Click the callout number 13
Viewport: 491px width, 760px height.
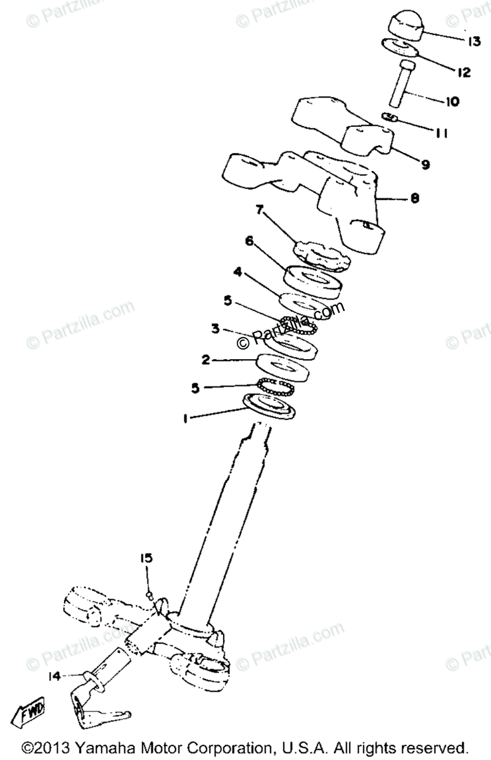coord(475,42)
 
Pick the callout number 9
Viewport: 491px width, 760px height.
coord(425,164)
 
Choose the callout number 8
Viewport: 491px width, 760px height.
coord(414,198)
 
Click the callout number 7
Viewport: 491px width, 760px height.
coord(258,209)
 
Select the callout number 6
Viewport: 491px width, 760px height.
coord(250,241)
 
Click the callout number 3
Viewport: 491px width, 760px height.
coord(215,329)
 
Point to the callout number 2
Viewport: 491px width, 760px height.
coord(205,359)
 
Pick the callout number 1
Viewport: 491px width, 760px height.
coord(184,418)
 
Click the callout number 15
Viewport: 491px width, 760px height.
coord(147,557)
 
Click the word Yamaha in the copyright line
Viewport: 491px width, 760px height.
coord(105,747)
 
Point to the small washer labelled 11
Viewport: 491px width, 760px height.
coord(390,117)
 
